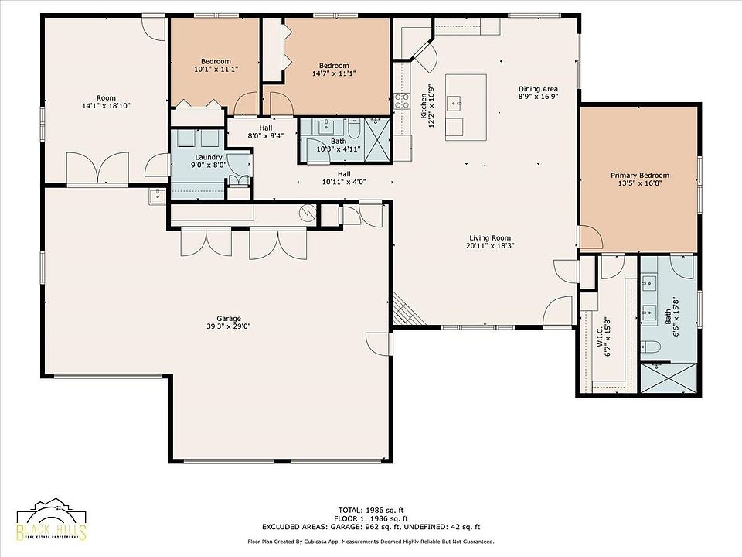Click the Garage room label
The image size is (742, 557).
click(x=229, y=319)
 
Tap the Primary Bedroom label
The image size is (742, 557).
click(x=640, y=176)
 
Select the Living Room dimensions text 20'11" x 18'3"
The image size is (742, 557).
click(x=490, y=246)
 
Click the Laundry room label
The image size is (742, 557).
click(x=209, y=157)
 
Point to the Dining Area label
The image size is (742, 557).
click(x=538, y=88)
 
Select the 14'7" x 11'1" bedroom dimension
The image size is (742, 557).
click(x=334, y=73)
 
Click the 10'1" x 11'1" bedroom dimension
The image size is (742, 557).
click(x=216, y=69)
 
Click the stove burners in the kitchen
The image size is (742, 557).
click(x=402, y=101)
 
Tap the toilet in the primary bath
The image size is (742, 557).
click(x=651, y=347)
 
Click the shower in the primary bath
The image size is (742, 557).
click(x=668, y=378)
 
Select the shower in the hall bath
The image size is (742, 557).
click(x=378, y=140)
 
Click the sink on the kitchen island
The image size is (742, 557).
click(x=456, y=102)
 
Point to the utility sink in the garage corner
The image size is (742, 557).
click(x=157, y=196)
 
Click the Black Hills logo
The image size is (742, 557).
click(x=52, y=520)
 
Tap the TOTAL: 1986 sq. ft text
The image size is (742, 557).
click(x=370, y=510)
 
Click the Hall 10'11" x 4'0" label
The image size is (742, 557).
click(x=344, y=178)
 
